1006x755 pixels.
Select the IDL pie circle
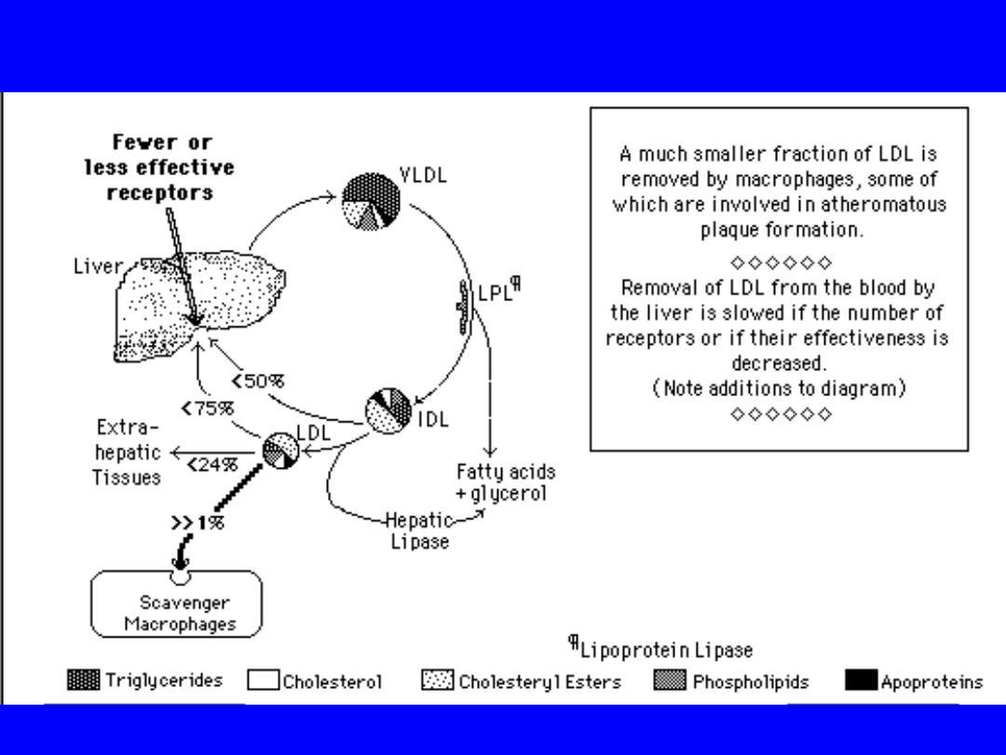387,411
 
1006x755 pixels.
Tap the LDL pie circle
280,452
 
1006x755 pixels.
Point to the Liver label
97,267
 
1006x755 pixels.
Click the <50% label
258,380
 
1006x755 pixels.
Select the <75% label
208,407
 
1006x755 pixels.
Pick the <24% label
212,464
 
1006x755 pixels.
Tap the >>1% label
197,522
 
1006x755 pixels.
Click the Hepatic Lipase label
419,530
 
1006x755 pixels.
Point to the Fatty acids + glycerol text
505,482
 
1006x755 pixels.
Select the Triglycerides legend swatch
84,680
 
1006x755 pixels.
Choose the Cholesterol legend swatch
263,681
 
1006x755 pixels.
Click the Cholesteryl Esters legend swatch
438,681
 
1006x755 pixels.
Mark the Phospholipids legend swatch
670,681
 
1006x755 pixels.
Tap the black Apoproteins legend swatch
861,681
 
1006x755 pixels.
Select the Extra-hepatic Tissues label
127,453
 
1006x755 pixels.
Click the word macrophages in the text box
803,179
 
